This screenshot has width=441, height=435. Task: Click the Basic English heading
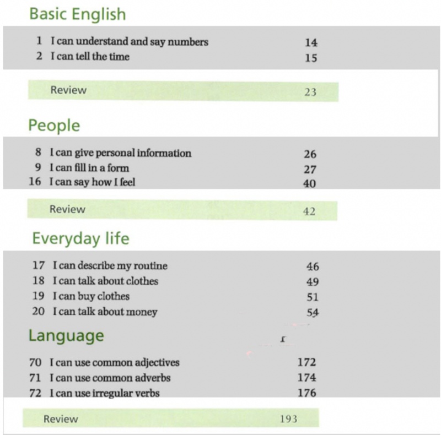coord(77,14)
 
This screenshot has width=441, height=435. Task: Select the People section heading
coord(54,126)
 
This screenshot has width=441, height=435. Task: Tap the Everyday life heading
coord(80,238)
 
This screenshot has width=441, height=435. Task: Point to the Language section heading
coord(66,335)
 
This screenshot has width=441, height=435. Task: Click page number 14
coord(311,42)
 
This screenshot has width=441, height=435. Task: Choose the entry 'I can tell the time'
coord(90,56)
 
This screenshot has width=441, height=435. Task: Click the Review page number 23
coord(310,92)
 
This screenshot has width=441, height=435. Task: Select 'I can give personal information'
coord(120,153)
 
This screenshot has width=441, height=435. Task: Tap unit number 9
coord(38,168)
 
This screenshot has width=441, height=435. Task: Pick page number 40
coord(310,183)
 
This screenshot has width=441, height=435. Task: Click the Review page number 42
coord(309,211)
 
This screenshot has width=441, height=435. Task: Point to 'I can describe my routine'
coord(110,265)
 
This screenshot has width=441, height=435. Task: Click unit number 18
coord(38,281)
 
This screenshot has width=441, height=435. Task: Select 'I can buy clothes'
coord(91,296)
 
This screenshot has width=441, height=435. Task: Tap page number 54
coord(313,312)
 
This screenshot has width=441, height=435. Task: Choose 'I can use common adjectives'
coord(114,362)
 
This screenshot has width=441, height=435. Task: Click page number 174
coord(306,378)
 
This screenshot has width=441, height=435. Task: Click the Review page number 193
coord(288,419)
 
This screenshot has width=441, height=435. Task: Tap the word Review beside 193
coord(61,419)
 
